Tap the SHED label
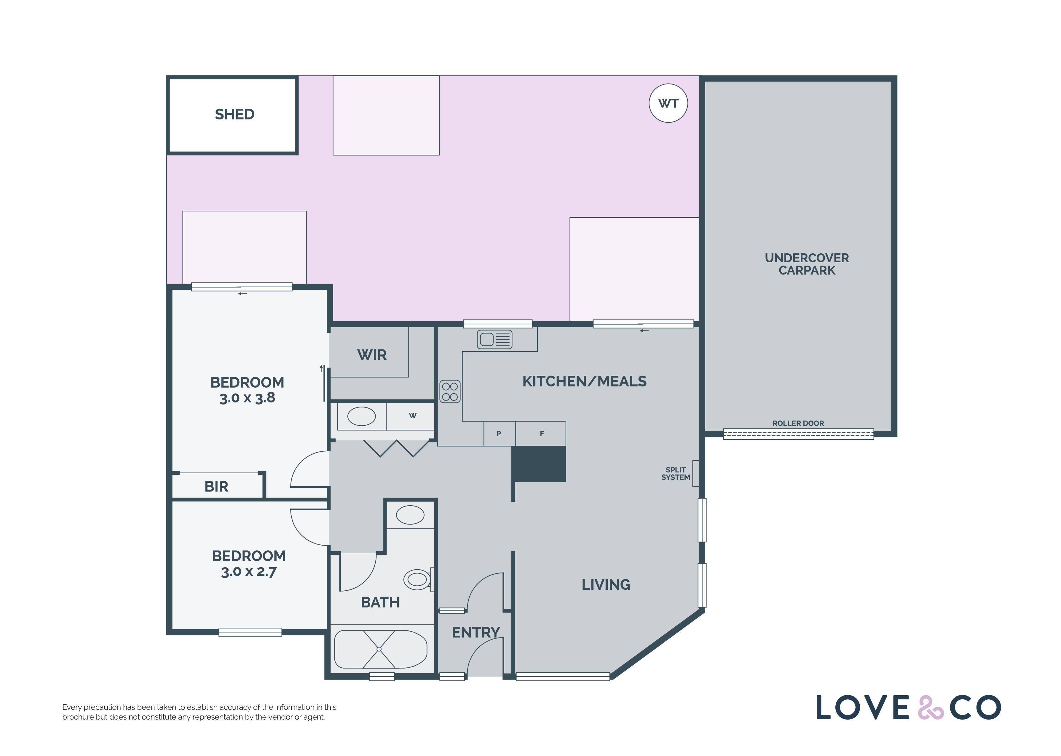[x=234, y=114]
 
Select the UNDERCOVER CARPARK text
[x=807, y=264]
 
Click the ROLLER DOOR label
[x=798, y=423]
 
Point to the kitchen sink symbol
[x=494, y=339]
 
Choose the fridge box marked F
[x=541, y=433]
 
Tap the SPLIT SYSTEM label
[x=676, y=474]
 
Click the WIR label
[x=372, y=355]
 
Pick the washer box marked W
[x=410, y=416]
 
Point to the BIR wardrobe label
[x=216, y=486]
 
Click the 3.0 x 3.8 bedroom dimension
[x=247, y=398]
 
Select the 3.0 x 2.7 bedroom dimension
[x=249, y=572]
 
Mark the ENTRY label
[x=476, y=632]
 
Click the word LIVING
[x=606, y=585]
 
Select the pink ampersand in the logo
[x=931, y=708]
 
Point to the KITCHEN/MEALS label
[x=584, y=381]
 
